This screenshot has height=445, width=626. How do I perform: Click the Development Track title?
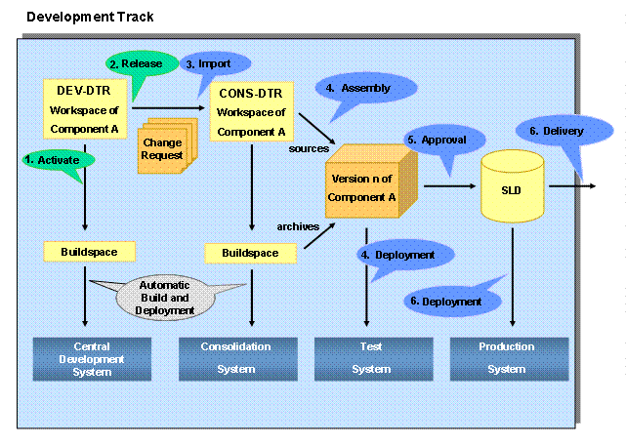click(x=90, y=17)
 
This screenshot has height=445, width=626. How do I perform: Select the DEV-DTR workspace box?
click(x=87, y=109)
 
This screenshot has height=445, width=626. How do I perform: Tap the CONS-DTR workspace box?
click(x=252, y=111)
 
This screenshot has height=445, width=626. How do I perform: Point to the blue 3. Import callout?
click(x=215, y=64)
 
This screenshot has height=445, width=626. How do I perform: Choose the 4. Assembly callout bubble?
click(x=367, y=89)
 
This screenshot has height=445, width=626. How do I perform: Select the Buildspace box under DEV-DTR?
click(x=87, y=252)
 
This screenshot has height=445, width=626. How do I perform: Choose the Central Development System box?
click(x=92, y=358)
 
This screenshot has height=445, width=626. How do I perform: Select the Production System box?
click(x=507, y=358)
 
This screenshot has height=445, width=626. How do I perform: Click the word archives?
click(x=297, y=226)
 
